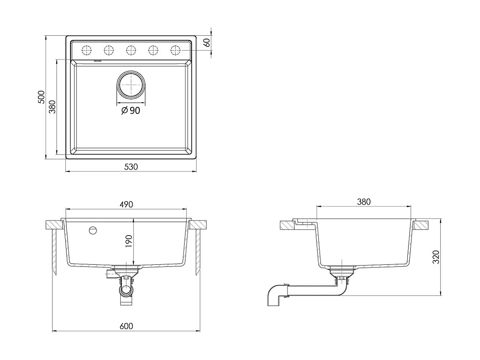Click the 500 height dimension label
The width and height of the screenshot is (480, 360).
click(x=41, y=97)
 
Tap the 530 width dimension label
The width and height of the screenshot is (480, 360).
click(x=131, y=167)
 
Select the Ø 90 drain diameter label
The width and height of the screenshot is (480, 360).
click(x=131, y=110)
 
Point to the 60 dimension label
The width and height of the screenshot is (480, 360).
click(x=207, y=43)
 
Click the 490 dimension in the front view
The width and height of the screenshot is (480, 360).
click(x=126, y=204)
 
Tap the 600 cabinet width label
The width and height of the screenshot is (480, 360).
click(x=126, y=326)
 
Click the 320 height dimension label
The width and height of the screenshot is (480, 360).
click(x=436, y=257)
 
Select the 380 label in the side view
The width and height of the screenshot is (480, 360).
click(x=364, y=202)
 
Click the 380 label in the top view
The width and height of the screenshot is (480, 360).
click(x=53, y=107)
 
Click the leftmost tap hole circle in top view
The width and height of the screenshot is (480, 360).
click(x=87, y=50)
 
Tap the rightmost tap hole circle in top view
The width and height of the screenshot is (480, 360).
click(x=175, y=50)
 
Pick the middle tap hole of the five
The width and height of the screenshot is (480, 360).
click(x=131, y=50)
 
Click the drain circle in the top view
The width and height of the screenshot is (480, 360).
click(x=131, y=85)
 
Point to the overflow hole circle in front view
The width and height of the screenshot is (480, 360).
click(x=93, y=230)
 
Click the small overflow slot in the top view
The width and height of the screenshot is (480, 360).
click(x=98, y=61)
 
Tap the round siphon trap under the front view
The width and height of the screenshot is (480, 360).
click(x=126, y=289)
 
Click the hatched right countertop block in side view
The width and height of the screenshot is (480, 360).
click(x=422, y=225)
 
